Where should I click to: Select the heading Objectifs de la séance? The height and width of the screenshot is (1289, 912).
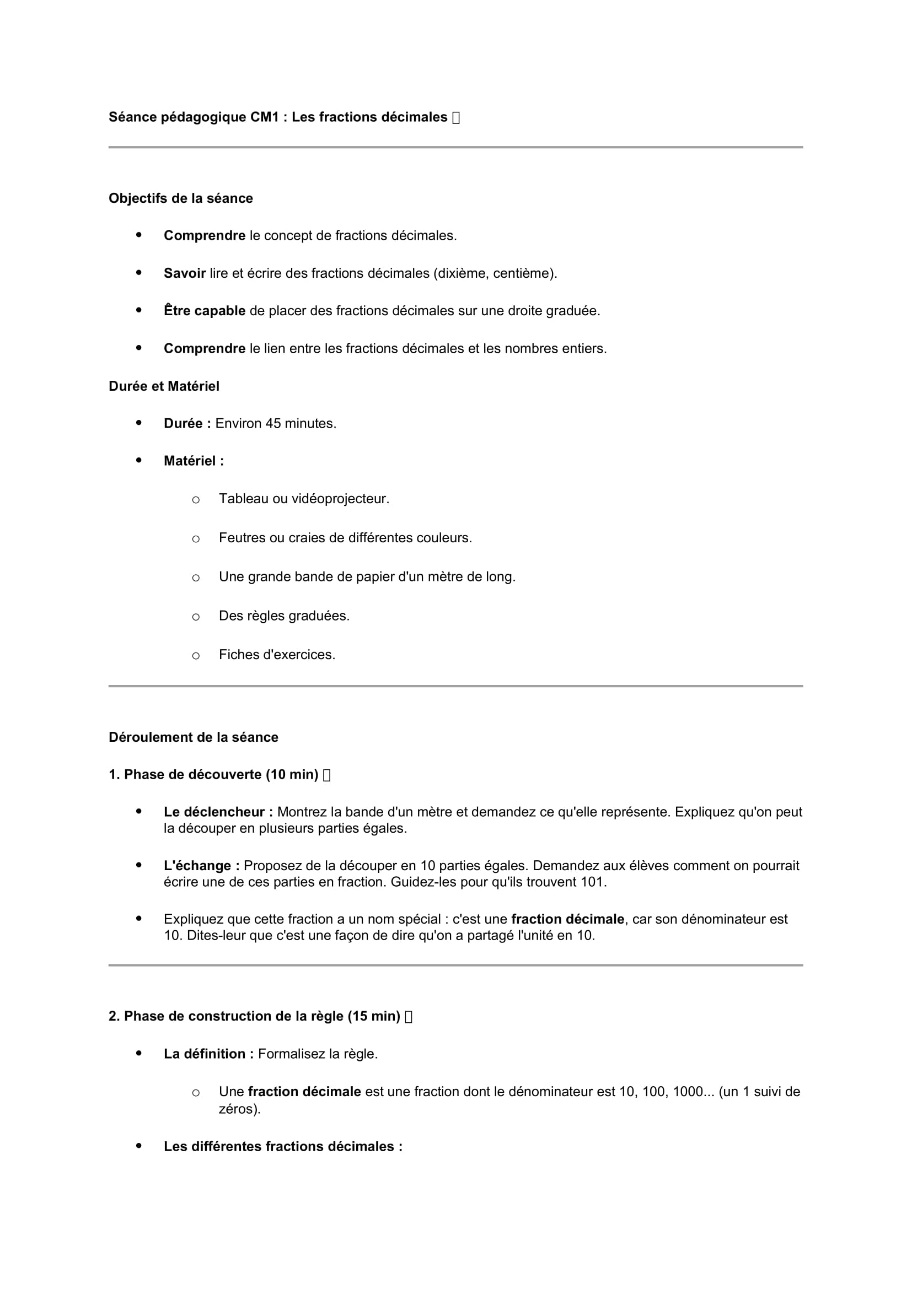[180, 198]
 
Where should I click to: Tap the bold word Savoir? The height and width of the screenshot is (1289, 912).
[184, 273]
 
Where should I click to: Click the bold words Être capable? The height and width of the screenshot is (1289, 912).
[205, 311]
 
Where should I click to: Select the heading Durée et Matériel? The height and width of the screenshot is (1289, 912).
[163, 386]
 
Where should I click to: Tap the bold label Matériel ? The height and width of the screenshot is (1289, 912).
[193, 461]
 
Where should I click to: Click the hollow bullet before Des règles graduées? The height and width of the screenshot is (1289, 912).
[195, 617]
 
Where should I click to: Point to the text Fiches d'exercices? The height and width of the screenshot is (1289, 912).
[277, 655]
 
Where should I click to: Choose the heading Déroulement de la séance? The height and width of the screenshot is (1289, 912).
[193, 737]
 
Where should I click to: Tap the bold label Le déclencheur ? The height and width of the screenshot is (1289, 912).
[218, 812]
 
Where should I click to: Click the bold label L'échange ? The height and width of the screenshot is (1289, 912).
[201, 866]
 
